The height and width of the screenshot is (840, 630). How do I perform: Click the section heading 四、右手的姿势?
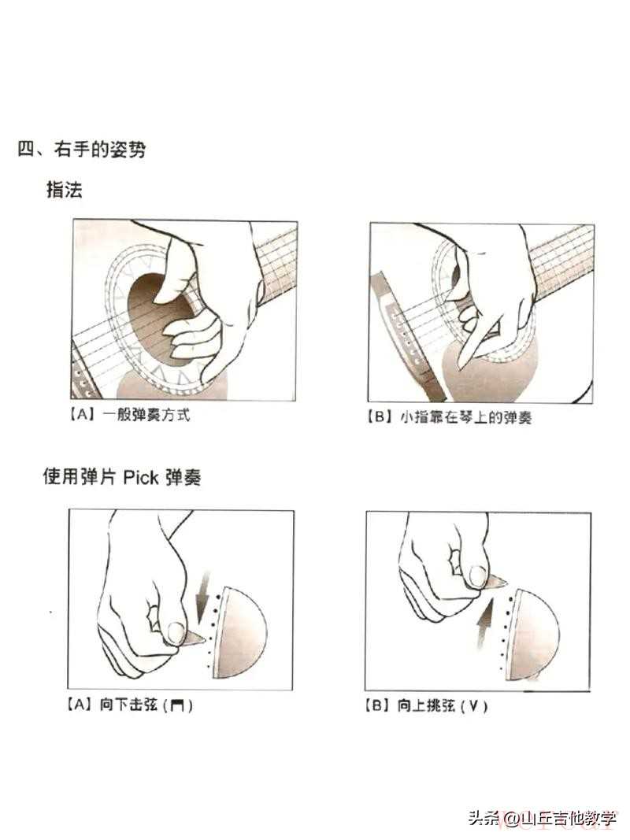pyautogui.click(x=81, y=149)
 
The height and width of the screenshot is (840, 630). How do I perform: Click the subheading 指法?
pyautogui.click(x=65, y=189)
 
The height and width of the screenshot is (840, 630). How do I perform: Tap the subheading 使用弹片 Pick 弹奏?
pyautogui.click(x=122, y=476)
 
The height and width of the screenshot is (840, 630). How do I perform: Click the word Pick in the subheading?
pyautogui.click(x=141, y=477)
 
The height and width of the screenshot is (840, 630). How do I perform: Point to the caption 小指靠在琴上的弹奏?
pyautogui.click(x=466, y=417)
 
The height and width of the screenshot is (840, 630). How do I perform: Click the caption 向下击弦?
pyautogui.click(x=128, y=705)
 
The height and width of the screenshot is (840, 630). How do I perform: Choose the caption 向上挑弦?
pyautogui.click(x=426, y=705)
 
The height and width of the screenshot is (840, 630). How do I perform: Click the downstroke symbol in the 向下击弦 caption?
pyautogui.click(x=177, y=706)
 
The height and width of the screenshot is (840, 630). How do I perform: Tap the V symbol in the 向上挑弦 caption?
pyautogui.click(x=473, y=707)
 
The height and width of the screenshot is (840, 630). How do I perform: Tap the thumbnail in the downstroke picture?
pyautogui.click(x=175, y=631)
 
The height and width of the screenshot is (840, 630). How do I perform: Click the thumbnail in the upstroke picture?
pyautogui.click(x=476, y=576)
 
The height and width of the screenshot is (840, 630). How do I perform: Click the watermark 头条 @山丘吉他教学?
pyautogui.click(x=542, y=818)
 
